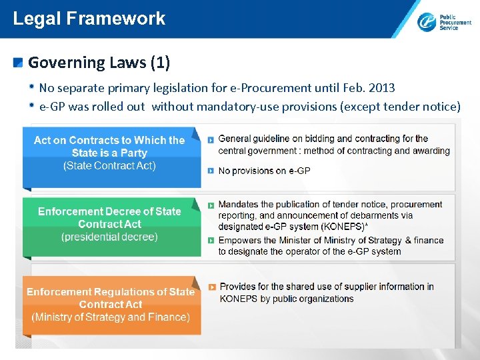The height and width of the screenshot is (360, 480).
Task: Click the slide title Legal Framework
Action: (x=89, y=18)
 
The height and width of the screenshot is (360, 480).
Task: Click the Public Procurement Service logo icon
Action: (x=427, y=22)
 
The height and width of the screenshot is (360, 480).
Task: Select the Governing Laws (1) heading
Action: (x=99, y=63)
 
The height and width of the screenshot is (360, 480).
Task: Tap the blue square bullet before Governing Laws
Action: (x=19, y=63)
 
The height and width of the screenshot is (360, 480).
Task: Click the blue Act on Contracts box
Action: (x=109, y=153)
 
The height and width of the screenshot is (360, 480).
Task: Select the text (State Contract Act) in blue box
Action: (x=109, y=165)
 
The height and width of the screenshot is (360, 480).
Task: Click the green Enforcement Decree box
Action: (x=109, y=224)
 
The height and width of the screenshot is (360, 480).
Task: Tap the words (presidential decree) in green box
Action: (x=109, y=237)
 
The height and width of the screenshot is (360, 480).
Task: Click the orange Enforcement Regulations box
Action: (x=110, y=304)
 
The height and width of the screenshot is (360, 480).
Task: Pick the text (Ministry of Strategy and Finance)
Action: (x=110, y=317)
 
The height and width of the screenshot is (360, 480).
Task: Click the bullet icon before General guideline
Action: (x=211, y=139)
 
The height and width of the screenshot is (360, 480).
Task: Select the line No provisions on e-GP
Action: (x=264, y=171)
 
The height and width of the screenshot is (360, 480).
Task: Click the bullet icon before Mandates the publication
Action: (x=211, y=205)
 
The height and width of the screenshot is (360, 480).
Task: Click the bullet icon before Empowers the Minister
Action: (x=211, y=241)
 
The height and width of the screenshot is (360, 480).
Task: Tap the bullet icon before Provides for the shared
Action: (x=212, y=287)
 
